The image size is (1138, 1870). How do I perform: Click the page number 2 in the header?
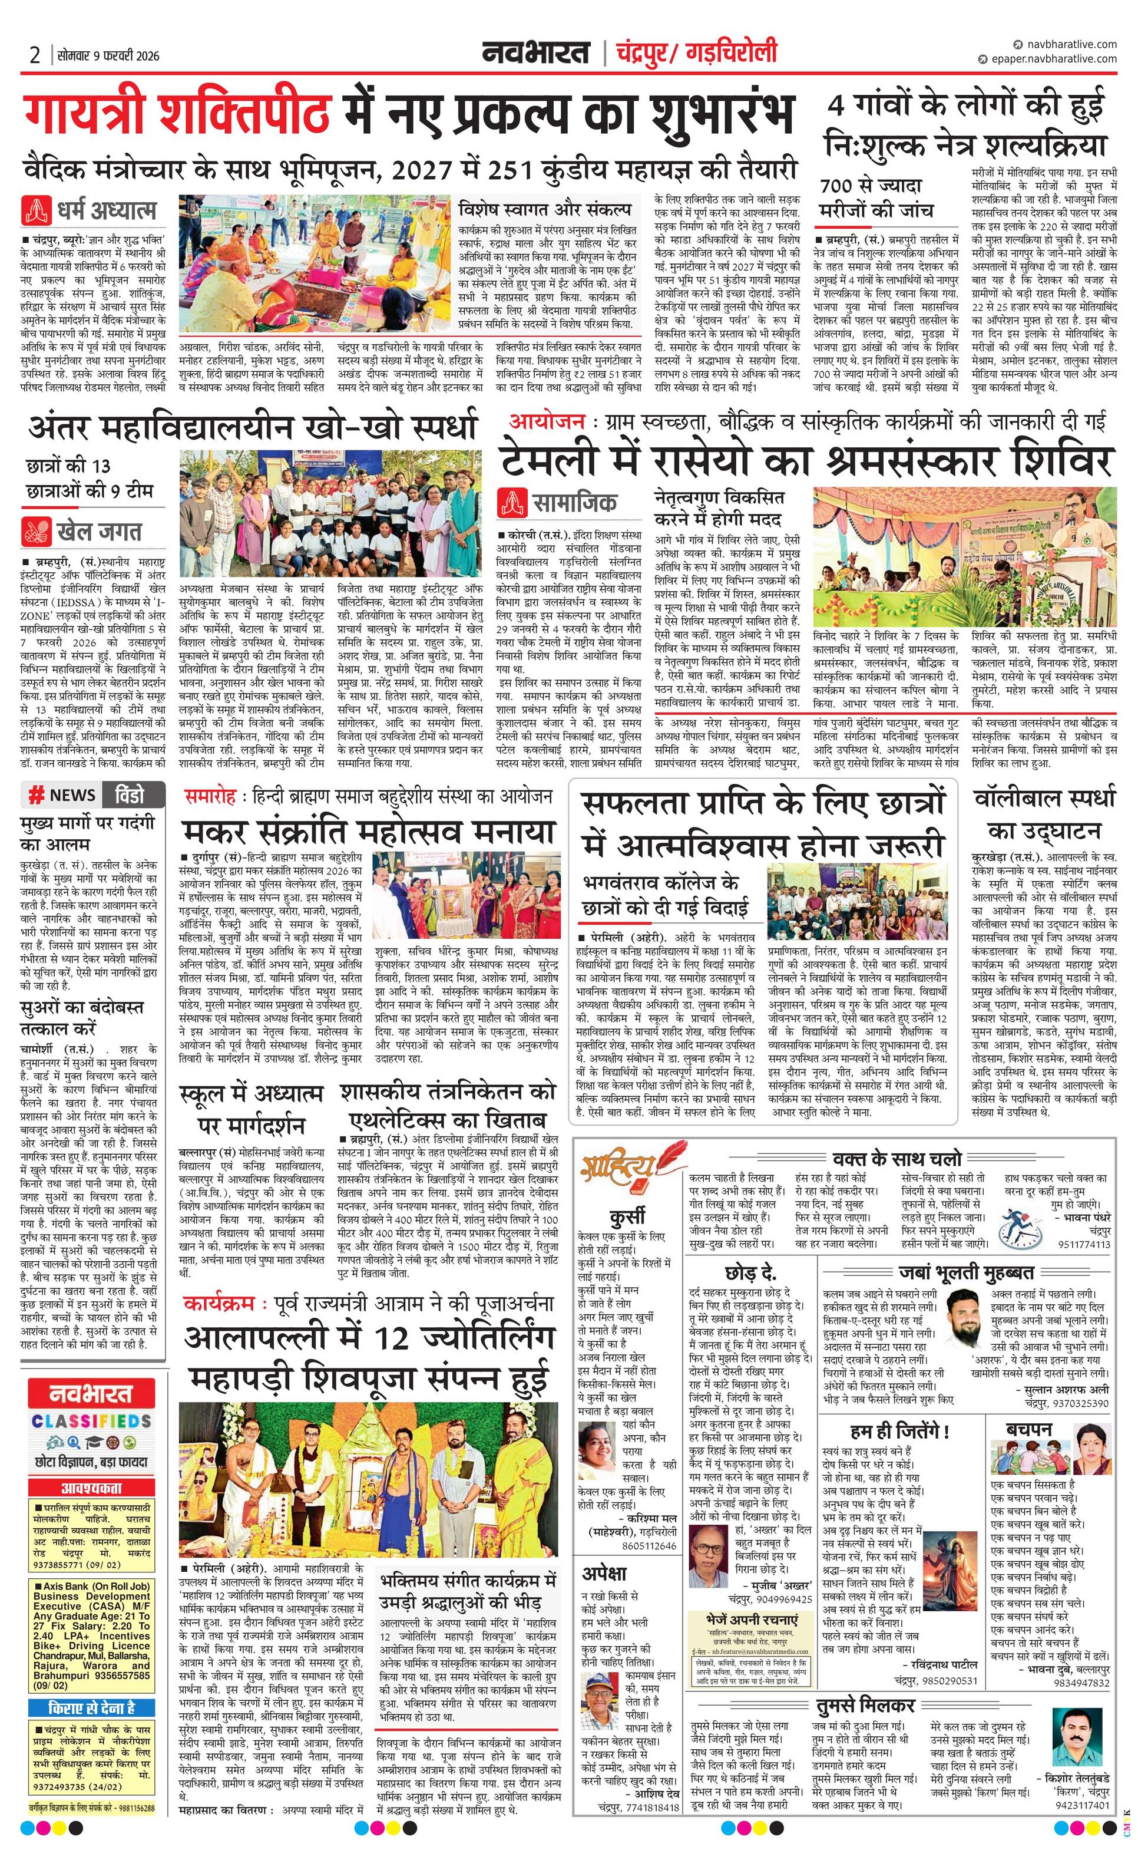tap(35, 55)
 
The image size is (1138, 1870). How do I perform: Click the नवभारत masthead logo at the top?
tap(535, 53)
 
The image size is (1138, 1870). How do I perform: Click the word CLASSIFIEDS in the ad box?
tap(91, 1422)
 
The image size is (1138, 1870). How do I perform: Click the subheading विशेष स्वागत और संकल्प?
tap(545, 208)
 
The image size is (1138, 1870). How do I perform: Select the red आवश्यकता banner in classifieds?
tap(91, 1488)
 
